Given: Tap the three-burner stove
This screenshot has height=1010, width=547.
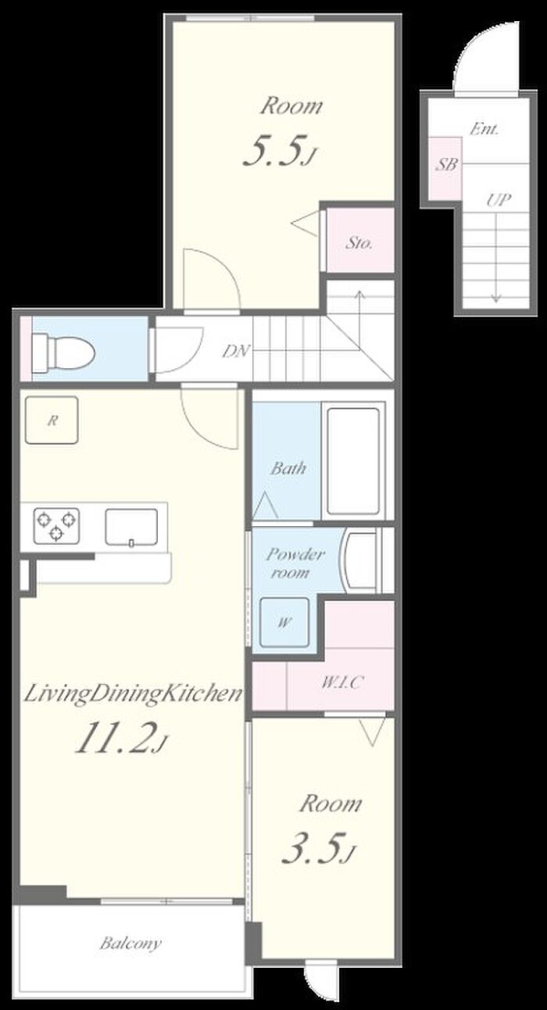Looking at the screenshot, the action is tap(56, 525).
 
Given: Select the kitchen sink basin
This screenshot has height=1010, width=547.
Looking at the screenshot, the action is tap(131, 527).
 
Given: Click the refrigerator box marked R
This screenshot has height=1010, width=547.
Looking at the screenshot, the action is tap(52, 420).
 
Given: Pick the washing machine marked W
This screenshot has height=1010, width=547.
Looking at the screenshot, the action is tap(284, 623).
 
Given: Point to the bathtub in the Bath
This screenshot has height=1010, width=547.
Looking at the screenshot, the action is tap(352, 460).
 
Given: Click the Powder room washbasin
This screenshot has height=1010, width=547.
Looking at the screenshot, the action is tap(360, 561).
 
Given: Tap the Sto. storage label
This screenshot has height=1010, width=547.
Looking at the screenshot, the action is tap(359, 243).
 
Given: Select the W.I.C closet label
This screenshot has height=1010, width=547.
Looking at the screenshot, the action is tap(341, 682).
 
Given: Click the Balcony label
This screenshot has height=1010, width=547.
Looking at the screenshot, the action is tap(130, 943).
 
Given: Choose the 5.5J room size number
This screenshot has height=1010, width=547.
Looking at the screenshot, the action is tap(278, 151).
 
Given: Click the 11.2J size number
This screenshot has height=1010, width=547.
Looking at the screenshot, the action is tap(120, 737).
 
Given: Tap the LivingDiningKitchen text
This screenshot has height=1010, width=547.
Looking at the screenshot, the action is tap(133, 693).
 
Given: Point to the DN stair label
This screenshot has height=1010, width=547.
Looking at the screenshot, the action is tap(236, 350).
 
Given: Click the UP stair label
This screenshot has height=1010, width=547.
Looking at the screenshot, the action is tap(499, 199).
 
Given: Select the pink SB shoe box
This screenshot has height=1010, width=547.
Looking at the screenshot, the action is tap(445, 169).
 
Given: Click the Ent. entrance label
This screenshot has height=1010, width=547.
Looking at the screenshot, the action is tap(484, 130).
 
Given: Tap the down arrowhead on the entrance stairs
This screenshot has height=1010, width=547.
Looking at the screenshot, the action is tap(496, 298).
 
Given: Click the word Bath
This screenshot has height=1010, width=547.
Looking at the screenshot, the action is tap(288, 468).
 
